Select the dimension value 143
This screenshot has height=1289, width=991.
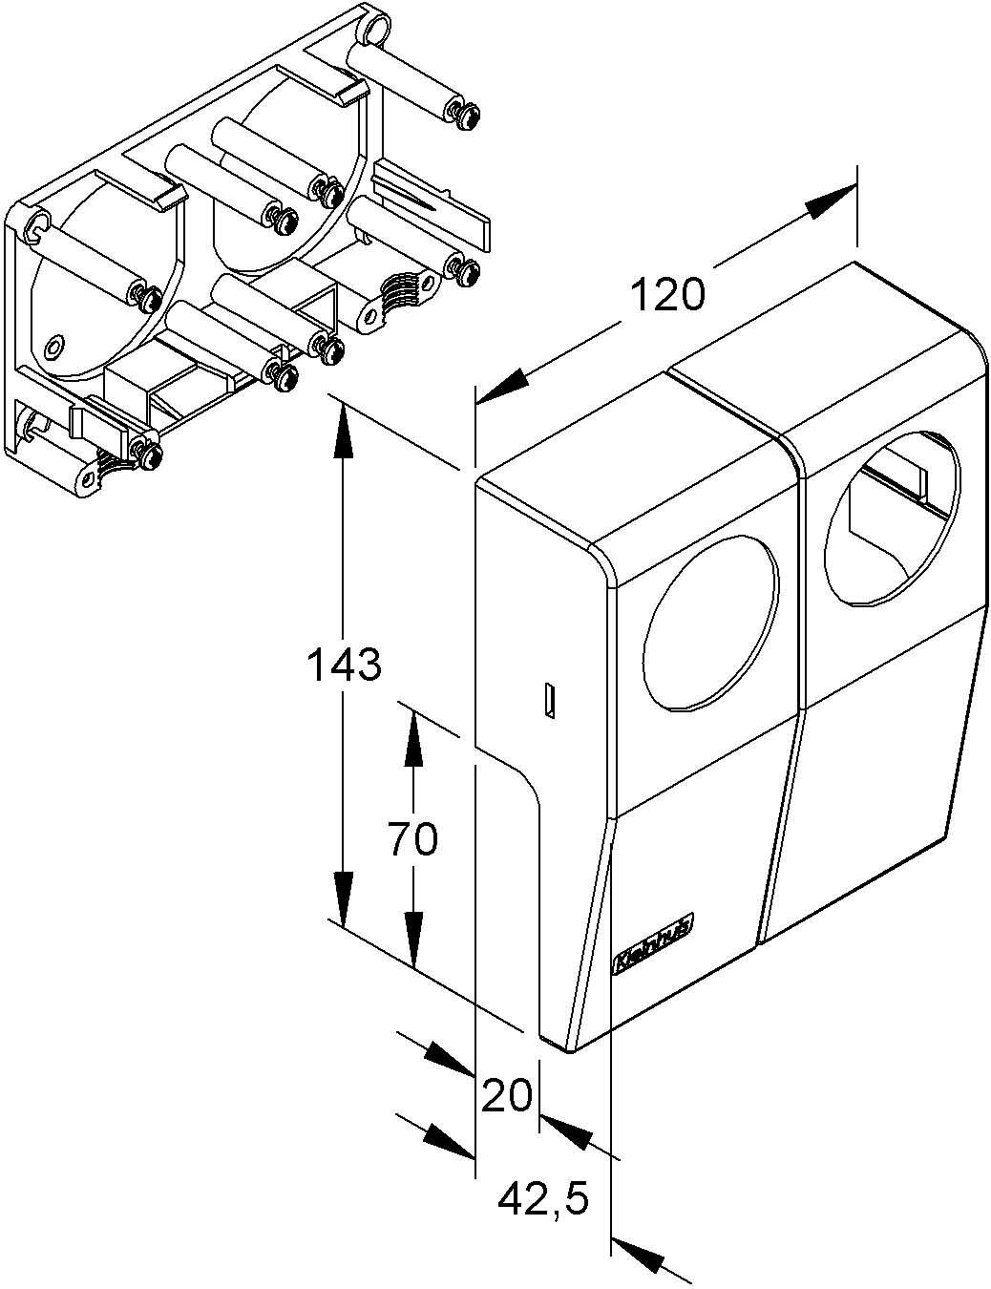click(x=344, y=665)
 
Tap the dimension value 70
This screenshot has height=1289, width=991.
click(x=412, y=839)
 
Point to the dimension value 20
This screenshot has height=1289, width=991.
click(x=506, y=1095)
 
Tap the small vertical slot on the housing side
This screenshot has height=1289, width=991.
click(x=549, y=701)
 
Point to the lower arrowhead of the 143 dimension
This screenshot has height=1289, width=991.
click(x=344, y=898)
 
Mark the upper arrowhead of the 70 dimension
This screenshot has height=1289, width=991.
click(x=412, y=735)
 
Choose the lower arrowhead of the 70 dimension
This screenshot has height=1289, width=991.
click(x=412, y=940)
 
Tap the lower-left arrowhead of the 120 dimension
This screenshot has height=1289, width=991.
click(x=502, y=386)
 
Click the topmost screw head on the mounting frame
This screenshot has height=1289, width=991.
click(x=465, y=114)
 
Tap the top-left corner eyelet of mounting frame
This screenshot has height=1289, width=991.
click(x=35, y=226)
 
